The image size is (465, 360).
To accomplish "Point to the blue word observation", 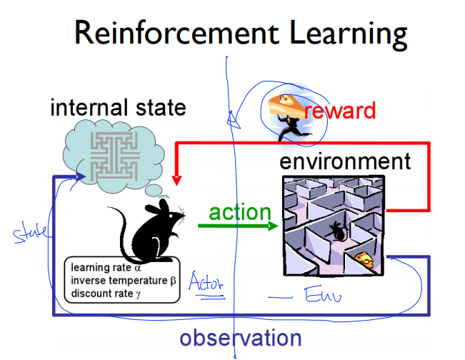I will coord(241,337).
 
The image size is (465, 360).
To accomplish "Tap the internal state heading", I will coord(118,108).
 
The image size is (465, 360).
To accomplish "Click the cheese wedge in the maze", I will coord(364,261).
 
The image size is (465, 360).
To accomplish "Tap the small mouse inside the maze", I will coord(336,230).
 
